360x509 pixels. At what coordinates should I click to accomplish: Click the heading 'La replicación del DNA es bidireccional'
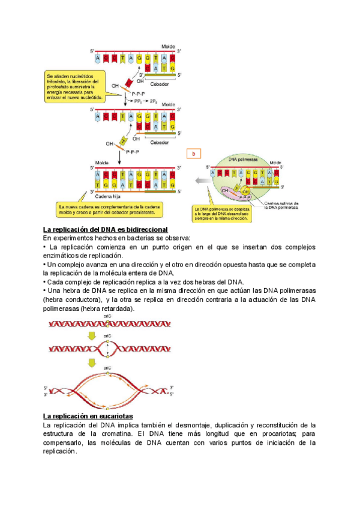[105, 230]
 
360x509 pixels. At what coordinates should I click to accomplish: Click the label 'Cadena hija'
[108, 196]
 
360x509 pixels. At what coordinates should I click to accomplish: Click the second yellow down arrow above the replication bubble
[92, 362]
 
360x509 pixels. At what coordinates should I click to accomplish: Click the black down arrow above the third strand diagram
[121, 157]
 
